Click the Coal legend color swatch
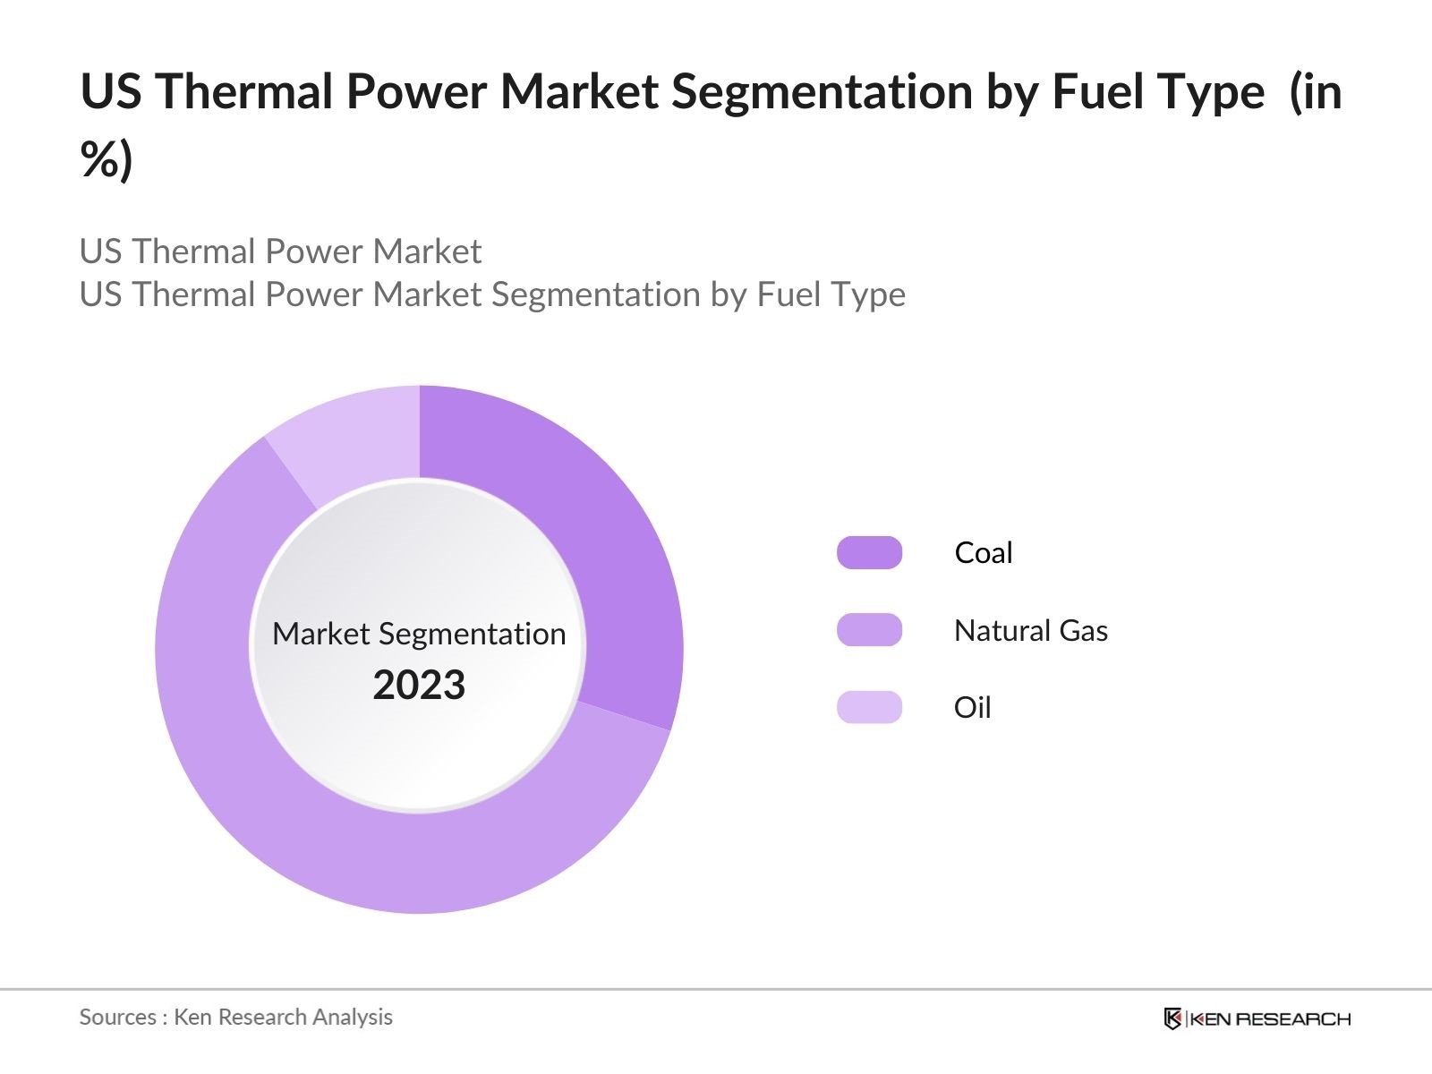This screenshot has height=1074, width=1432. coord(869,553)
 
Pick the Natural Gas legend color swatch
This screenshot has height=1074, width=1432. coord(869,630)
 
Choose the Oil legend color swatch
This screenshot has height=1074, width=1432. coord(869,707)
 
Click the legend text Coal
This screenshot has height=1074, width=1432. coord(983,553)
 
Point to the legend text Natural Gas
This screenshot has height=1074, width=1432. coord(1030,630)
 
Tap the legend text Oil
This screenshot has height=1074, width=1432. coord(972,707)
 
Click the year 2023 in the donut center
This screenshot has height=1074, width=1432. coord(419,686)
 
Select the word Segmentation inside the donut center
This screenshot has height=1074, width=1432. coord(473,634)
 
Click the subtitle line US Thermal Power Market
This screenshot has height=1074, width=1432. coord(280,251)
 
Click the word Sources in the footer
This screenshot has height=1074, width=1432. coord(117,1017)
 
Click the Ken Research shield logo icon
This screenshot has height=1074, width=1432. coord(1172,1019)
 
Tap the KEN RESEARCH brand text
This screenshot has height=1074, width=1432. coord(1270,1019)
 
